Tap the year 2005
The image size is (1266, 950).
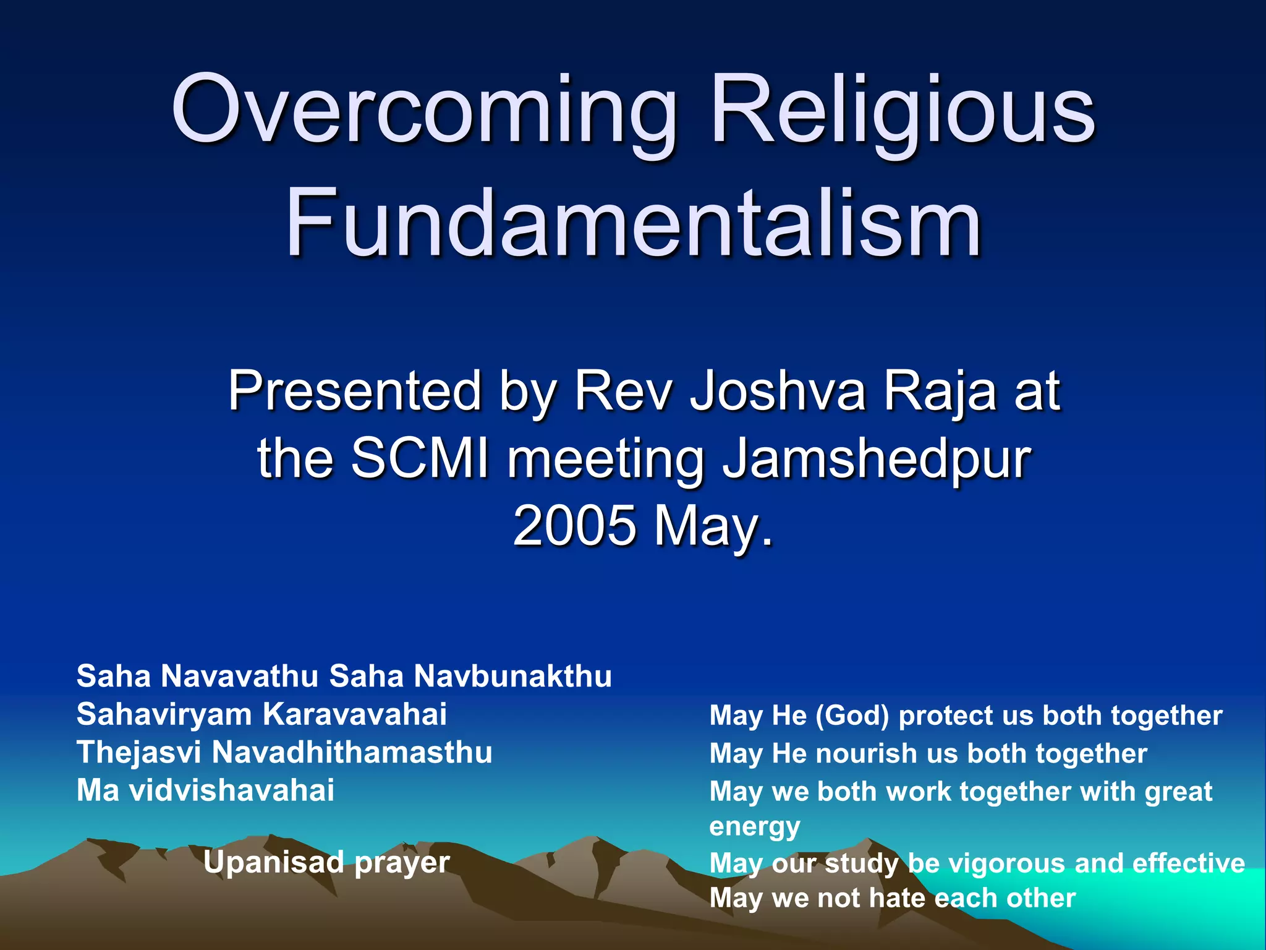point(574,526)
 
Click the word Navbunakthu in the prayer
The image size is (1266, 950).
point(512,676)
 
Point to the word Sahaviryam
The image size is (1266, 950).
point(164,715)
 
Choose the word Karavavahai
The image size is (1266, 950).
point(355,714)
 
